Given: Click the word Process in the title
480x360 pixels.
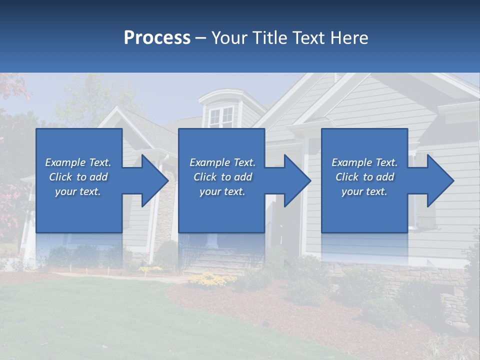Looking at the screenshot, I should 157,38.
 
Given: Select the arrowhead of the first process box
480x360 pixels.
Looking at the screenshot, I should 152,180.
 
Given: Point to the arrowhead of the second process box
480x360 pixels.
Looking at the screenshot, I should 295,180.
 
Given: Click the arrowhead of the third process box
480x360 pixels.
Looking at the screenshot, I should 438,180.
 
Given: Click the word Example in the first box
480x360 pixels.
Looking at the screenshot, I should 65,162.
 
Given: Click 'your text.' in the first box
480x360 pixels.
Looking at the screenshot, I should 78,191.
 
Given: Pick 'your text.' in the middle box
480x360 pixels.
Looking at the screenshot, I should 222,191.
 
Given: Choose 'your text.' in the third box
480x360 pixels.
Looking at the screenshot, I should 364,191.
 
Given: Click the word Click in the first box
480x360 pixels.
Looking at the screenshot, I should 61,177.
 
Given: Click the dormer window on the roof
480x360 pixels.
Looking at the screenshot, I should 221,117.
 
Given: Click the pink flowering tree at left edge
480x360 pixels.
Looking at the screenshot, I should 11,200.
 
